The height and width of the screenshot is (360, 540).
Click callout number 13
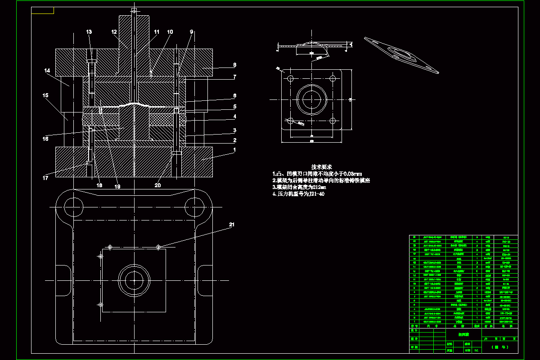(x=89, y=32)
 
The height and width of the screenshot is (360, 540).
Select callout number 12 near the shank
(x=114, y=32)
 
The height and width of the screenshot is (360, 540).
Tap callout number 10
(x=170, y=32)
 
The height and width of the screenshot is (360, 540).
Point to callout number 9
(x=191, y=32)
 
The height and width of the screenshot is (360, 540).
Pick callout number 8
(x=234, y=65)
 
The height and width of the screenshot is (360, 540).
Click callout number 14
(x=47, y=71)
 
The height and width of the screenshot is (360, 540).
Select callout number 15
(x=45, y=95)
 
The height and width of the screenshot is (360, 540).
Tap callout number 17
(x=45, y=178)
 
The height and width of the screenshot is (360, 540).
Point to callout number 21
(x=232, y=225)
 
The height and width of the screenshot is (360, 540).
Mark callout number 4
(x=234, y=116)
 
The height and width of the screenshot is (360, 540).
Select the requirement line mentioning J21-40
(x=298, y=194)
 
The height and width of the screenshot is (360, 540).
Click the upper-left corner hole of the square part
(x=290, y=79)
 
